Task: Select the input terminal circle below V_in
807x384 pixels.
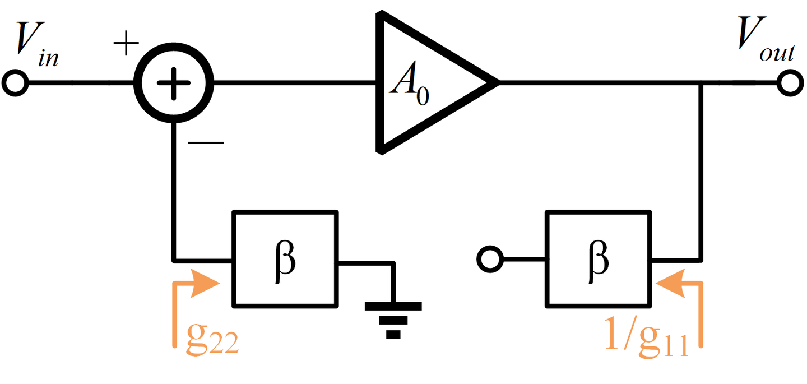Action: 14,84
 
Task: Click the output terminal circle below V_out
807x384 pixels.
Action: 792,84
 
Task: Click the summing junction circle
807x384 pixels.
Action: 174,84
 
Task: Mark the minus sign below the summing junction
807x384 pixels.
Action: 206,142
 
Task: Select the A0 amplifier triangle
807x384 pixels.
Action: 426,84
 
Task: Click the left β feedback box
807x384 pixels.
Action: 285,259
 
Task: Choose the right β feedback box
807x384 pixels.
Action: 598,259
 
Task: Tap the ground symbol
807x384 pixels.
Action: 393,320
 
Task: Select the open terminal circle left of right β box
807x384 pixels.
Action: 489,260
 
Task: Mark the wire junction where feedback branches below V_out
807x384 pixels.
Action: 701,84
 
